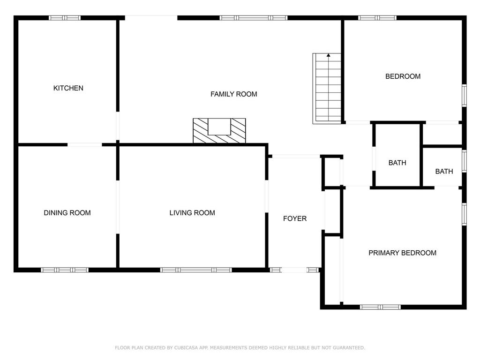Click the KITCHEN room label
tap(68, 88)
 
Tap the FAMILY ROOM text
tap(233, 94)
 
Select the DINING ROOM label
tap(67, 213)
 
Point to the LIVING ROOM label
tap(192, 213)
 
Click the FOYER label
tap(295, 218)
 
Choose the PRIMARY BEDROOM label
tap(402, 253)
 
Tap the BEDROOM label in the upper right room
tap(403, 76)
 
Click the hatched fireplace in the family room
tap(219, 131)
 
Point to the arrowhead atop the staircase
tap(329, 55)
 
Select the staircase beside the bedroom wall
tap(327, 89)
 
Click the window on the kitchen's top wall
tap(65, 18)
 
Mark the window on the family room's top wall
tap(254, 18)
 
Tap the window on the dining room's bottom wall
tap(65, 270)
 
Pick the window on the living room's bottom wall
tap(196, 270)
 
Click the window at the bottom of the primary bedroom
tap(380, 307)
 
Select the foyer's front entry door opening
tap(294, 270)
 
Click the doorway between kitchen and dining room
tap(84, 144)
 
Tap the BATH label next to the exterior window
tap(444, 172)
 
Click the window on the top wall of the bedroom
tap(377, 18)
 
